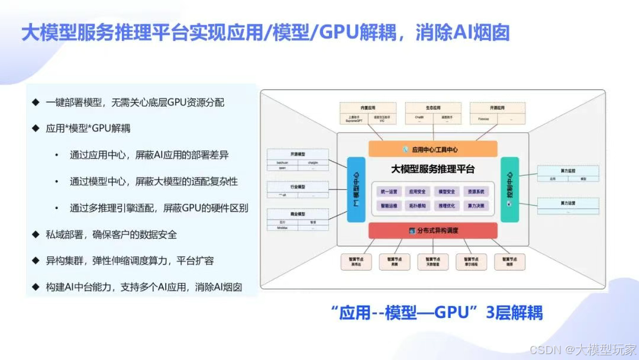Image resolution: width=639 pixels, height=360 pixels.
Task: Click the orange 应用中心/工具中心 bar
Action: coord(433,149)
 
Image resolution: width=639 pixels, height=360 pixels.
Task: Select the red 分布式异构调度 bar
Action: coord(433,230)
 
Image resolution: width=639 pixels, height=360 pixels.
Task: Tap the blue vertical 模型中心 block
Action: coord(357,189)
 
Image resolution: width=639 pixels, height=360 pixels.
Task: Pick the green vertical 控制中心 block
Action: coord(509,189)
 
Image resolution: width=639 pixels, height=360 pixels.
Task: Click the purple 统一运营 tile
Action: coord(388,192)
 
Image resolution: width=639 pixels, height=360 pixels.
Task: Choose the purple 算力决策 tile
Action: coord(476,205)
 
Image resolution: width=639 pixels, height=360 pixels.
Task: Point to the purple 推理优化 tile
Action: coord(447,205)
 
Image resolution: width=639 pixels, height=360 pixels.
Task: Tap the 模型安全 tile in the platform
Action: coord(447,192)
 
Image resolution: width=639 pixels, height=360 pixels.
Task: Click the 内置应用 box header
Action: coord(365,108)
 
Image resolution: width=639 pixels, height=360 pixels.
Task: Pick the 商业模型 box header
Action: coord(298,213)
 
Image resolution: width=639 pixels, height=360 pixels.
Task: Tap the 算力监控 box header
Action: coord(568,170)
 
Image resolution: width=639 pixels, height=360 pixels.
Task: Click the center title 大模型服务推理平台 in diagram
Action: coord(433,169)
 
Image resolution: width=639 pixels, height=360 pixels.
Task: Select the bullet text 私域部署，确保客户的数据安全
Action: coord(111,234)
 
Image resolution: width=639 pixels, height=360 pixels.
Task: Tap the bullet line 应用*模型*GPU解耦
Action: coord(88,128)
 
